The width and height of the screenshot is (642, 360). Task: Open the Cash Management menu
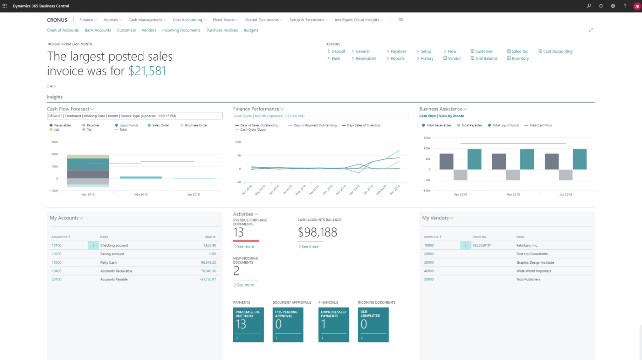[147, 20]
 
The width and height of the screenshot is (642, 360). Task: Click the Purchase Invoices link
[222, 30]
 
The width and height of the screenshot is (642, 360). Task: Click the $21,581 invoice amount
[147, 71]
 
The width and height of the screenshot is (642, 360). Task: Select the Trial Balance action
[486, 59]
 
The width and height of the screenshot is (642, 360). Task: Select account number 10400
[56, 271]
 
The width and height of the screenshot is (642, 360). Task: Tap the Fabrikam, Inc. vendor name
[527, 245]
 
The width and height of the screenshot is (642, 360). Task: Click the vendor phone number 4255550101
[482, 245]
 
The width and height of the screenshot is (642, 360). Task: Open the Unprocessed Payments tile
[333, 324]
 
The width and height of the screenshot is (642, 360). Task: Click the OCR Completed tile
[373, 324]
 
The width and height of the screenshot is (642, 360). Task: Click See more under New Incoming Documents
[245, 285]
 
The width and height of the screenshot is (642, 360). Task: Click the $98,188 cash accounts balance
[317, 232]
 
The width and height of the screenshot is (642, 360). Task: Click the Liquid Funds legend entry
[128, 125]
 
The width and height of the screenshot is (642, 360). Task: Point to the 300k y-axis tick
[55, 142]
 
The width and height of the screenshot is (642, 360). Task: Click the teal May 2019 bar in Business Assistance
[527, 159]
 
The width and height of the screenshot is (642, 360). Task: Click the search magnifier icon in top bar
[589, 6]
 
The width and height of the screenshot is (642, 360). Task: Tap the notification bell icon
[601, 6]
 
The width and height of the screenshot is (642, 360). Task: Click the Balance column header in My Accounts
[210, 237]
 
